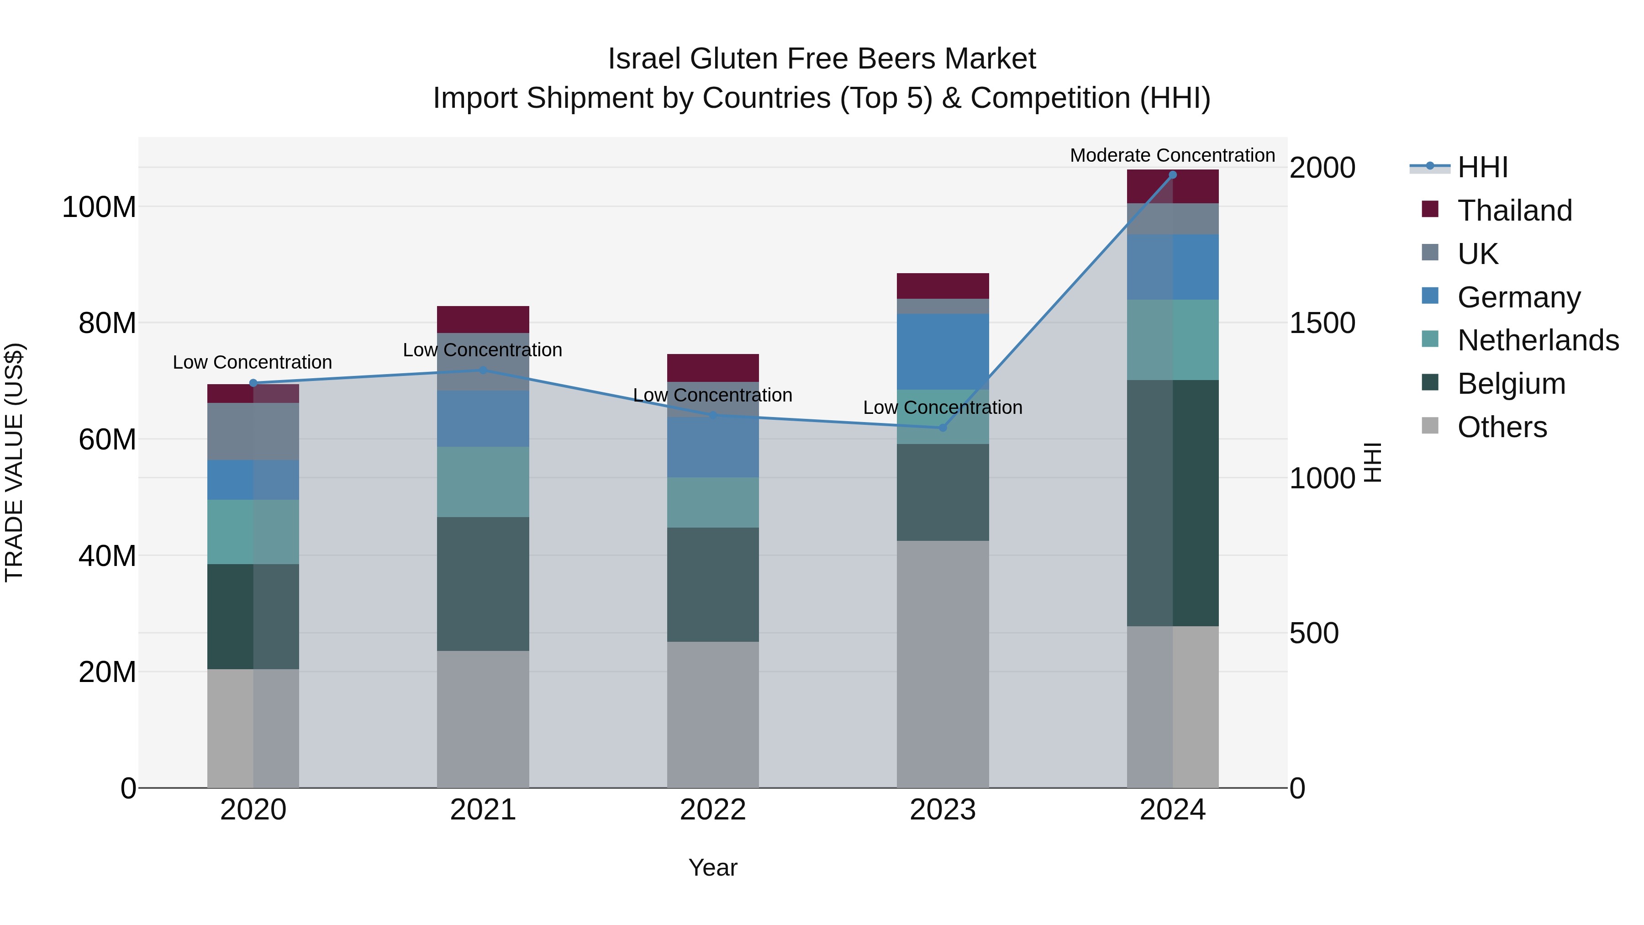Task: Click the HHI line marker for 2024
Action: [x=1172, y=175]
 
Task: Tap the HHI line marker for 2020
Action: [x=253, y=383]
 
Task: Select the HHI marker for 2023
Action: [x=943, y=428]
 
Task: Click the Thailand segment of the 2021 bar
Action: [x=483, y=319]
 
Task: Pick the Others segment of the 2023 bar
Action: [x=943, y=664]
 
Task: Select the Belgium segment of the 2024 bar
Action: [x=1172, y=503]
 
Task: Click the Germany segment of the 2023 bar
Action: [x=943, y=352]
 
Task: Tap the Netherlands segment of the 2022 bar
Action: [x=713, y=502]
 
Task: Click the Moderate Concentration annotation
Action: [x=1172, y=155]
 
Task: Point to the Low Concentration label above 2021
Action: [x=483, y=350]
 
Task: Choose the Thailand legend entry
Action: [x=1514, y=211]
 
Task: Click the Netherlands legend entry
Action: [x=1537, y=340]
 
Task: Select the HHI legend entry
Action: [x=1482, y=167]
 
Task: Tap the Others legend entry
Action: [x=1501, y=427]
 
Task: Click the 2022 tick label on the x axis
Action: [x=713, y=810]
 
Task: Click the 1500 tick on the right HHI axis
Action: [x=1322, y=323]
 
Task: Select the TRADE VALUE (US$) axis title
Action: [x=15, y=462]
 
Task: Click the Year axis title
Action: [x=713, y=867]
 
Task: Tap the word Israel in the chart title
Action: [x=644, y=59]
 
